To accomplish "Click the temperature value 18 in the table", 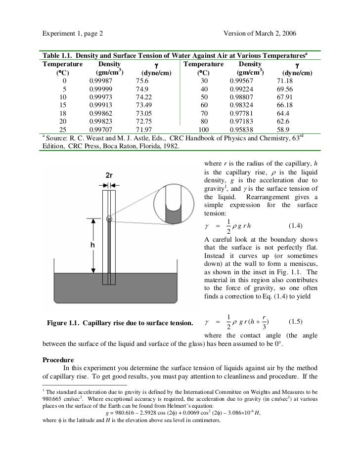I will (63, 113).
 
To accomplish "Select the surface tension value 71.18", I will (287, 81).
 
